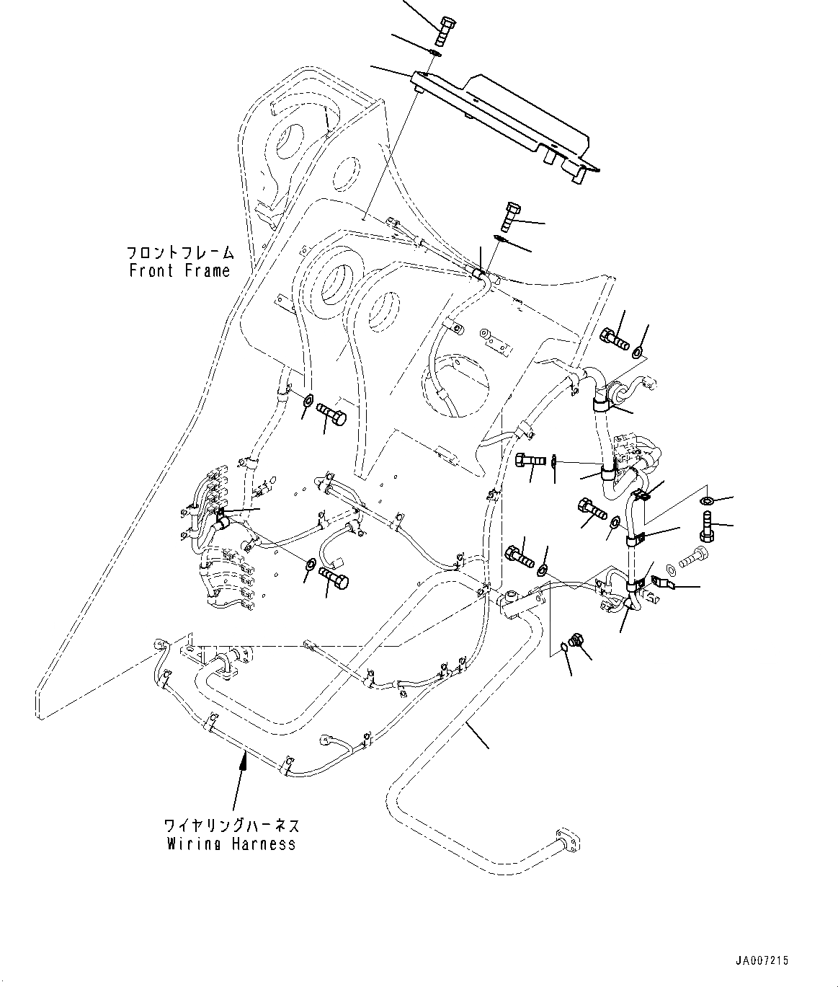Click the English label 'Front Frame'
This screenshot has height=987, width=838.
[179, 271]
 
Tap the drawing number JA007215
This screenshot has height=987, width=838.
[762, 961]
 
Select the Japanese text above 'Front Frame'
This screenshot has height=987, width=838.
[180, 253]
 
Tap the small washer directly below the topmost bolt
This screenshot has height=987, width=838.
[435, 52]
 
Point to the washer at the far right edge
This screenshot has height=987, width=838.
[708, 500]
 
